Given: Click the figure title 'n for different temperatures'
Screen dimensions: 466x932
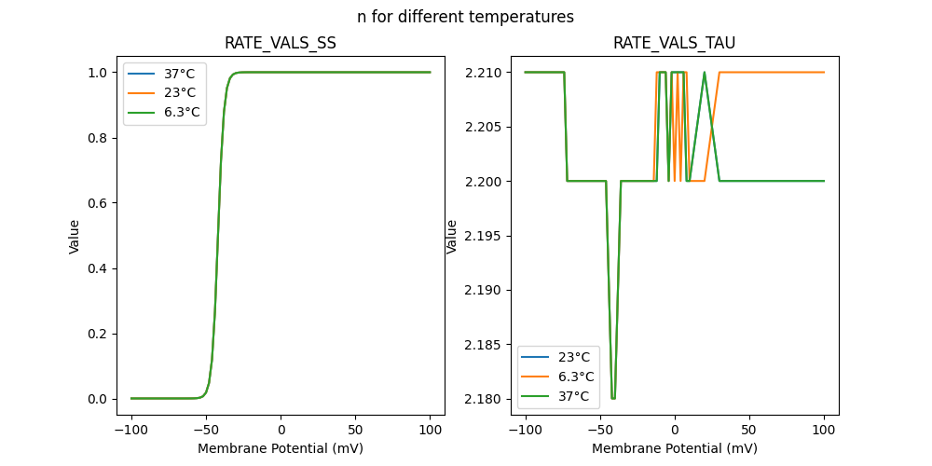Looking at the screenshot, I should [465, 17].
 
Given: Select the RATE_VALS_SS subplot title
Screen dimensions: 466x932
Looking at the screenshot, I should [281, 43].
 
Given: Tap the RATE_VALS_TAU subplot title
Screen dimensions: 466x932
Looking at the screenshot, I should [674, 43].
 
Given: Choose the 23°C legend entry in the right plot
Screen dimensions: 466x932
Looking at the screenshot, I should [573, 357].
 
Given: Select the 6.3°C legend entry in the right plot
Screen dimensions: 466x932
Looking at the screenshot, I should [576, 377].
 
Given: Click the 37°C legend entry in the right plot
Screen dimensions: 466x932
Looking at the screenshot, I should [573, 396].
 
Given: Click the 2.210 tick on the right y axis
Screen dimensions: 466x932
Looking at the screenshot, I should [486, 73].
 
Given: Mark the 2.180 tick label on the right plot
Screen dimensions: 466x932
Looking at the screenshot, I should [486, 399].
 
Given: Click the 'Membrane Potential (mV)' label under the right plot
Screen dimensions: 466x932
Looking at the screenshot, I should [675, 448].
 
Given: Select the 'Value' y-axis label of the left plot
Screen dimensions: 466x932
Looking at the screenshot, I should [75, 237].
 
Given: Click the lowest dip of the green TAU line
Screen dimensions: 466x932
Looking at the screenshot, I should [613, 398].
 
